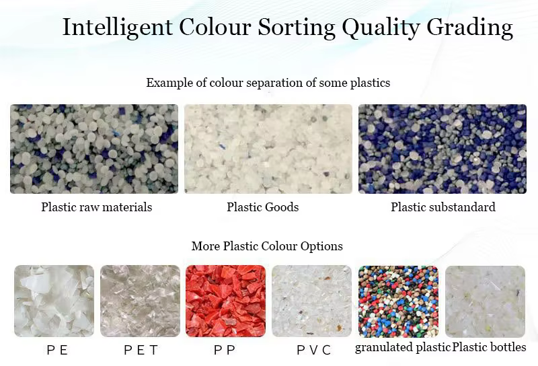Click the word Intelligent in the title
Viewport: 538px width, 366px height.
tap(117, 28)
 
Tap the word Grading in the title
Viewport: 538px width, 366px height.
tap(469, 28)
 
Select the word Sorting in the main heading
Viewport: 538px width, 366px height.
tap(297, 28)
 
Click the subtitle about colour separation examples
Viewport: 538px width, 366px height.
tap(268, 83)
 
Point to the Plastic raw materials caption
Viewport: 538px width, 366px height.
tap(96, 207)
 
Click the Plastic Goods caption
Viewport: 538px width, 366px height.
tap(262, 207)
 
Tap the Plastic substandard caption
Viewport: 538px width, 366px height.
tap(443, 207)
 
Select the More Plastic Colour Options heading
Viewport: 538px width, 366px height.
tap(267, 246)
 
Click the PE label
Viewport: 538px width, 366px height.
tap(57, 351)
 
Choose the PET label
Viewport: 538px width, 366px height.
tap(141, 351)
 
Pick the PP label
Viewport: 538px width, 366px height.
tap(225, 351)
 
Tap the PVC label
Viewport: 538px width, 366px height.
tap(313, 351)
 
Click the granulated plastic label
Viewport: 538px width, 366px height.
tap(402, 347)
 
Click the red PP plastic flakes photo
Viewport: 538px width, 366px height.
tap(225, 301)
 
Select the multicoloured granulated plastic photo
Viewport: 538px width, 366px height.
tap(398, 301)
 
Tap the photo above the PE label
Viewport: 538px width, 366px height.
tap(54, 301)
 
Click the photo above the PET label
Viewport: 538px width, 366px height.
tap(140, 301)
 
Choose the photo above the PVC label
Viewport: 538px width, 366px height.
tap(311, 301)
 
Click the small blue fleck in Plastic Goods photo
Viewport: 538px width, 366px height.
tap(222, 147)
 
